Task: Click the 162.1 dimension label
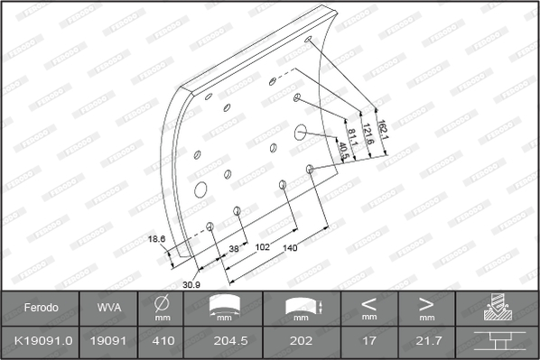383,130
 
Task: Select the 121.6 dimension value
368,134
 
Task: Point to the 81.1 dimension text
352,137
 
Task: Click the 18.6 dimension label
157,239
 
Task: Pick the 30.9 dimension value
191,284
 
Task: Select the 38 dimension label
234,248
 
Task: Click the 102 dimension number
262,247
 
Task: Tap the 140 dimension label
290,248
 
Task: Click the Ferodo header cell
41,308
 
